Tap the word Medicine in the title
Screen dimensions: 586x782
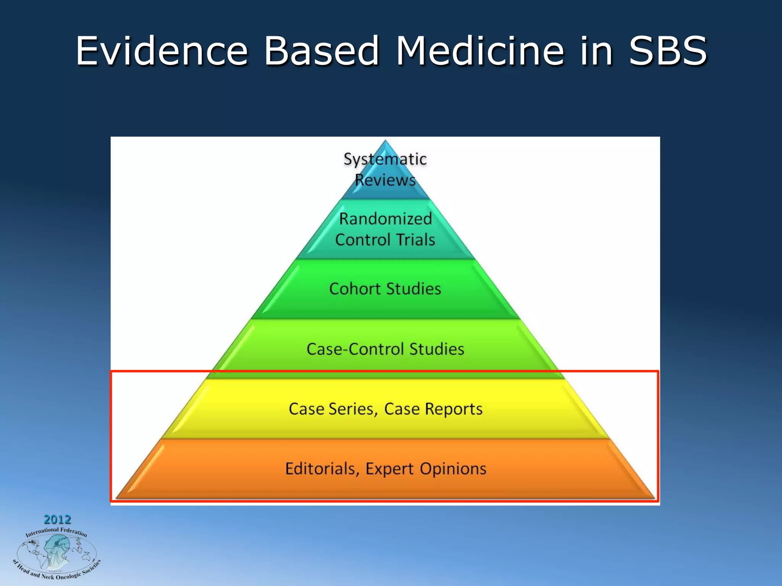click(480, 51)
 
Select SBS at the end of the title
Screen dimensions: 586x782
click(668, 51)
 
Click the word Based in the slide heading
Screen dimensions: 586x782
click(322, 51)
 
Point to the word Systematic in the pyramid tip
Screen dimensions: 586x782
click(385, 159)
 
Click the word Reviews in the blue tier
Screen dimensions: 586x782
click(385, 180)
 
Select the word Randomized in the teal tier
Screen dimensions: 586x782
click(385, 219)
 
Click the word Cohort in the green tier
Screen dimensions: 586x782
click(355, 289)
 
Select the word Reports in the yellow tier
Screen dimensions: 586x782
click(454, 409)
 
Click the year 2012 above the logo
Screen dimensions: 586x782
click(57, 519)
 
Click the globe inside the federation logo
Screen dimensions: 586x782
click(56, 553)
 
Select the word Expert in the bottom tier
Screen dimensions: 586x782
click(389, 469)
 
